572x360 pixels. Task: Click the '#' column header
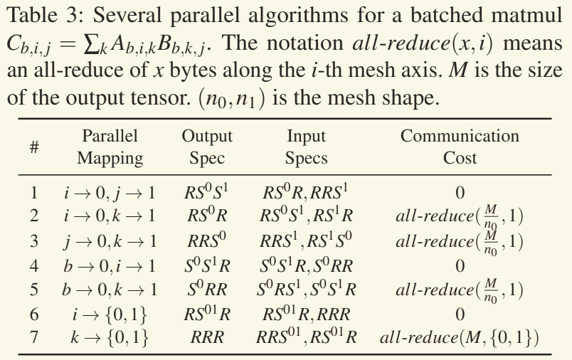34,147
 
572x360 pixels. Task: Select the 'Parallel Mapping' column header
110,147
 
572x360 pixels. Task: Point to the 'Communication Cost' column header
460,147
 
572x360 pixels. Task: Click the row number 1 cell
34,191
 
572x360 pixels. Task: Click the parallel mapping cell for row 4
110,266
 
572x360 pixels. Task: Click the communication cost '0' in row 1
460,192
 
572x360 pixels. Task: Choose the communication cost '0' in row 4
460,267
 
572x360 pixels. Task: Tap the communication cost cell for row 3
460,241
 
